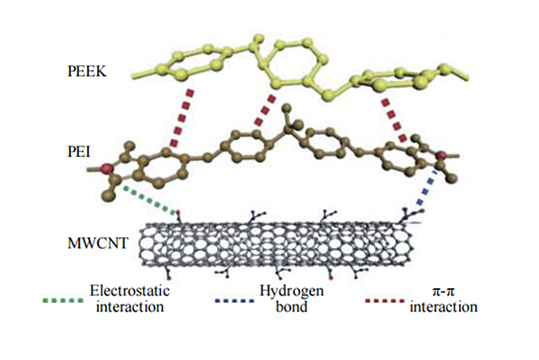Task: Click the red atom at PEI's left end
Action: click(105, 168)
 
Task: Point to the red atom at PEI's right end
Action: click(441, 159)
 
